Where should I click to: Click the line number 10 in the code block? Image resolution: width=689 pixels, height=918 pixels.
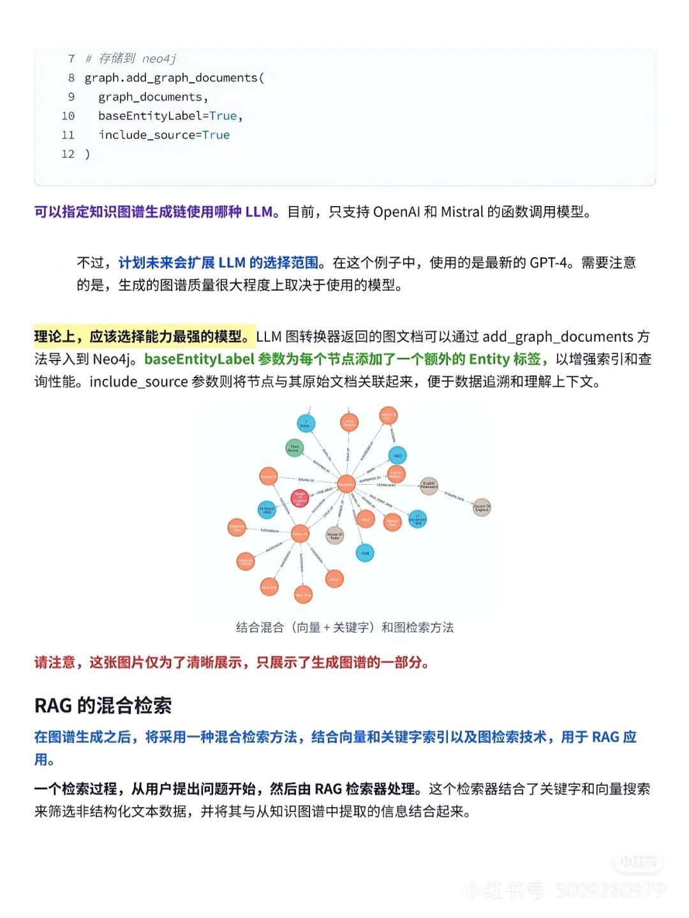point(68,116)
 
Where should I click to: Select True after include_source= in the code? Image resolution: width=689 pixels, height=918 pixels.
point(216,135)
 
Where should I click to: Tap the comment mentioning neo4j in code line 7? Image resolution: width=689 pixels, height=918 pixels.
point(131,59)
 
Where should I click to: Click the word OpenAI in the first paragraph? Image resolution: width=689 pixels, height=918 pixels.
point(396,212)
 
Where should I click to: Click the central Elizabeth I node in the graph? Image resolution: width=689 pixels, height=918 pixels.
point(346,484)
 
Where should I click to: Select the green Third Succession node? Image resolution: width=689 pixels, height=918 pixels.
point(293,447)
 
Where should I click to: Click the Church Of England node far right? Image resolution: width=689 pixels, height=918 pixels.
point(482,508)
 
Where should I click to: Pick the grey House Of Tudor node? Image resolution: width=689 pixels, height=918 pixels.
point(334,535)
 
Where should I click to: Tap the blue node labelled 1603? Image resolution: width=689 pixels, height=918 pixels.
point(397,455)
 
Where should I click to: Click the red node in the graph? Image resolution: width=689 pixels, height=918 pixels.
point(299,498)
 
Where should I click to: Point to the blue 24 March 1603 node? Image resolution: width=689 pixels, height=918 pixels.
point(267,510)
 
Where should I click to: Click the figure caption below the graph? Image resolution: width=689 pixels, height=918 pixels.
point(344,628)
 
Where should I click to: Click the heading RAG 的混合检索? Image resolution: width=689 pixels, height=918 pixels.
point(103,706)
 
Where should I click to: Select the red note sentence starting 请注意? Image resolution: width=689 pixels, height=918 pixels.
point(231,662)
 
